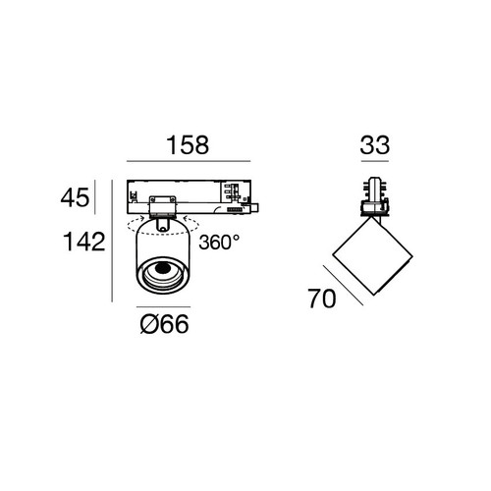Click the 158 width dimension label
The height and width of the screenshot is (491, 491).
pyautogui.click(x=188, y=145)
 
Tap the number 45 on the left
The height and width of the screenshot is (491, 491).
pyautogui.click(x=75, y=197)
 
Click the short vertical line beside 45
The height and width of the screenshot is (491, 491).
pyautogui.click(x=94, y=197)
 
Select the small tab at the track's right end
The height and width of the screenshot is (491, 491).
pyautogui.click(x=255, y=208)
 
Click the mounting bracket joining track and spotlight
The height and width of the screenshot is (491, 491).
pyautogui.click(x=161, y=207)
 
